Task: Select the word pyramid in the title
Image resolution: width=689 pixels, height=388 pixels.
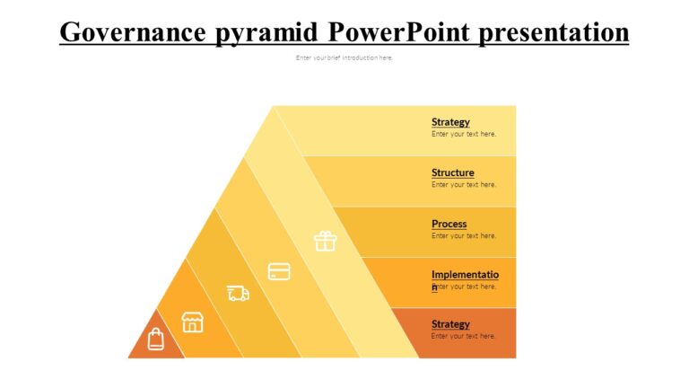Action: click(x=268, y=32)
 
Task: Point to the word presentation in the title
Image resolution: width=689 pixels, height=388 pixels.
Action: click(x=554, y=32)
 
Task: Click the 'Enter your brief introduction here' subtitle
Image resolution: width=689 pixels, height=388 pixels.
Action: click(x=344, y=57)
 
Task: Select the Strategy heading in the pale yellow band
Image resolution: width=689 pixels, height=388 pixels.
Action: click(x=450, y=122)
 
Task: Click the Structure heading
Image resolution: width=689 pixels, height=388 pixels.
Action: click(x=453, y=172)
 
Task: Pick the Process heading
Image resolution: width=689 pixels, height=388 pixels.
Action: click(x=449, y=224)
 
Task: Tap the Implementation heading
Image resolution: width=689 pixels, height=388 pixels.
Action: click(x=466, y=275)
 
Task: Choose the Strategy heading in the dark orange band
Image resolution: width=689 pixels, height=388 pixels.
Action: click(x=450, y=324)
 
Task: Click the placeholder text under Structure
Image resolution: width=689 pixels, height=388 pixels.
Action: click(x=464, y=185)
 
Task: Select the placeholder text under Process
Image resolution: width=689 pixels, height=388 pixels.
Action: click(x=464, y=236)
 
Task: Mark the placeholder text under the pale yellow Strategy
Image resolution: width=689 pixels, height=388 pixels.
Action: click(x=464, y=134)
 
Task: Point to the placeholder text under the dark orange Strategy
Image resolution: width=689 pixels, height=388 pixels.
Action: click(x=464, y=336)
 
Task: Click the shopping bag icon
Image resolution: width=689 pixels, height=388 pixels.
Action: click(x=156, y=339)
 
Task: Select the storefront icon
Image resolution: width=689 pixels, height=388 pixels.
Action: click(x=192, y=322)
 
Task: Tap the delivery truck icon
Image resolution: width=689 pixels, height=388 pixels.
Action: click(x=238, y=293)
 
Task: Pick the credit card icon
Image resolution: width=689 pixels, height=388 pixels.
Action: click(x=279, y=271)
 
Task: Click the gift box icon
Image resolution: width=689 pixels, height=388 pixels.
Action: click(x=324, y=241)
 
